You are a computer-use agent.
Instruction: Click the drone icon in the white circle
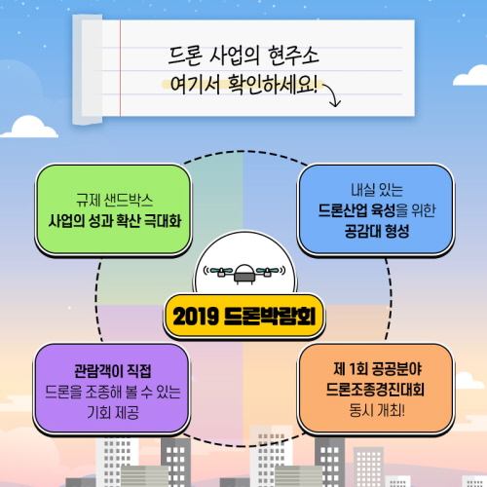point(244,273)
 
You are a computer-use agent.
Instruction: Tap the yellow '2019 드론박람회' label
point(243,317)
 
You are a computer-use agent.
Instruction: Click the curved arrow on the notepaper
point(331,94)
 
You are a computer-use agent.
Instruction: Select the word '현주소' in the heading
point(293,56)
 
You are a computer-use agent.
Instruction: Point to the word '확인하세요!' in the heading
point(272,85)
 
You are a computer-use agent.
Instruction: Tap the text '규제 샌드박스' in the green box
point(114,200)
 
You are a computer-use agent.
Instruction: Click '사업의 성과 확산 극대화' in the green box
point(114,221)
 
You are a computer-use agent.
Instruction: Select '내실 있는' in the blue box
point(377,190)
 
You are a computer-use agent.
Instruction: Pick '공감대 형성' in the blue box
point(377,231)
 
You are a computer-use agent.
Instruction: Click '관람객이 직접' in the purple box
point(113,371)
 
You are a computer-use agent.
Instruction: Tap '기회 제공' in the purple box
point(113,412)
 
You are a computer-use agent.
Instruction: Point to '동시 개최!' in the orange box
point(377,410)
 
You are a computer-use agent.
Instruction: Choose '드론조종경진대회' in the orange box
point(375,390)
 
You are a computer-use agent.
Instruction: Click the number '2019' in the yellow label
point(195,317)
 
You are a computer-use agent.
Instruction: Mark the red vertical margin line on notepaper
point(120,68)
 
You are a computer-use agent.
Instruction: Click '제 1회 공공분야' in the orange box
point(377,368)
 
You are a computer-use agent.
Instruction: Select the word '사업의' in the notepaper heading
point(235,56)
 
